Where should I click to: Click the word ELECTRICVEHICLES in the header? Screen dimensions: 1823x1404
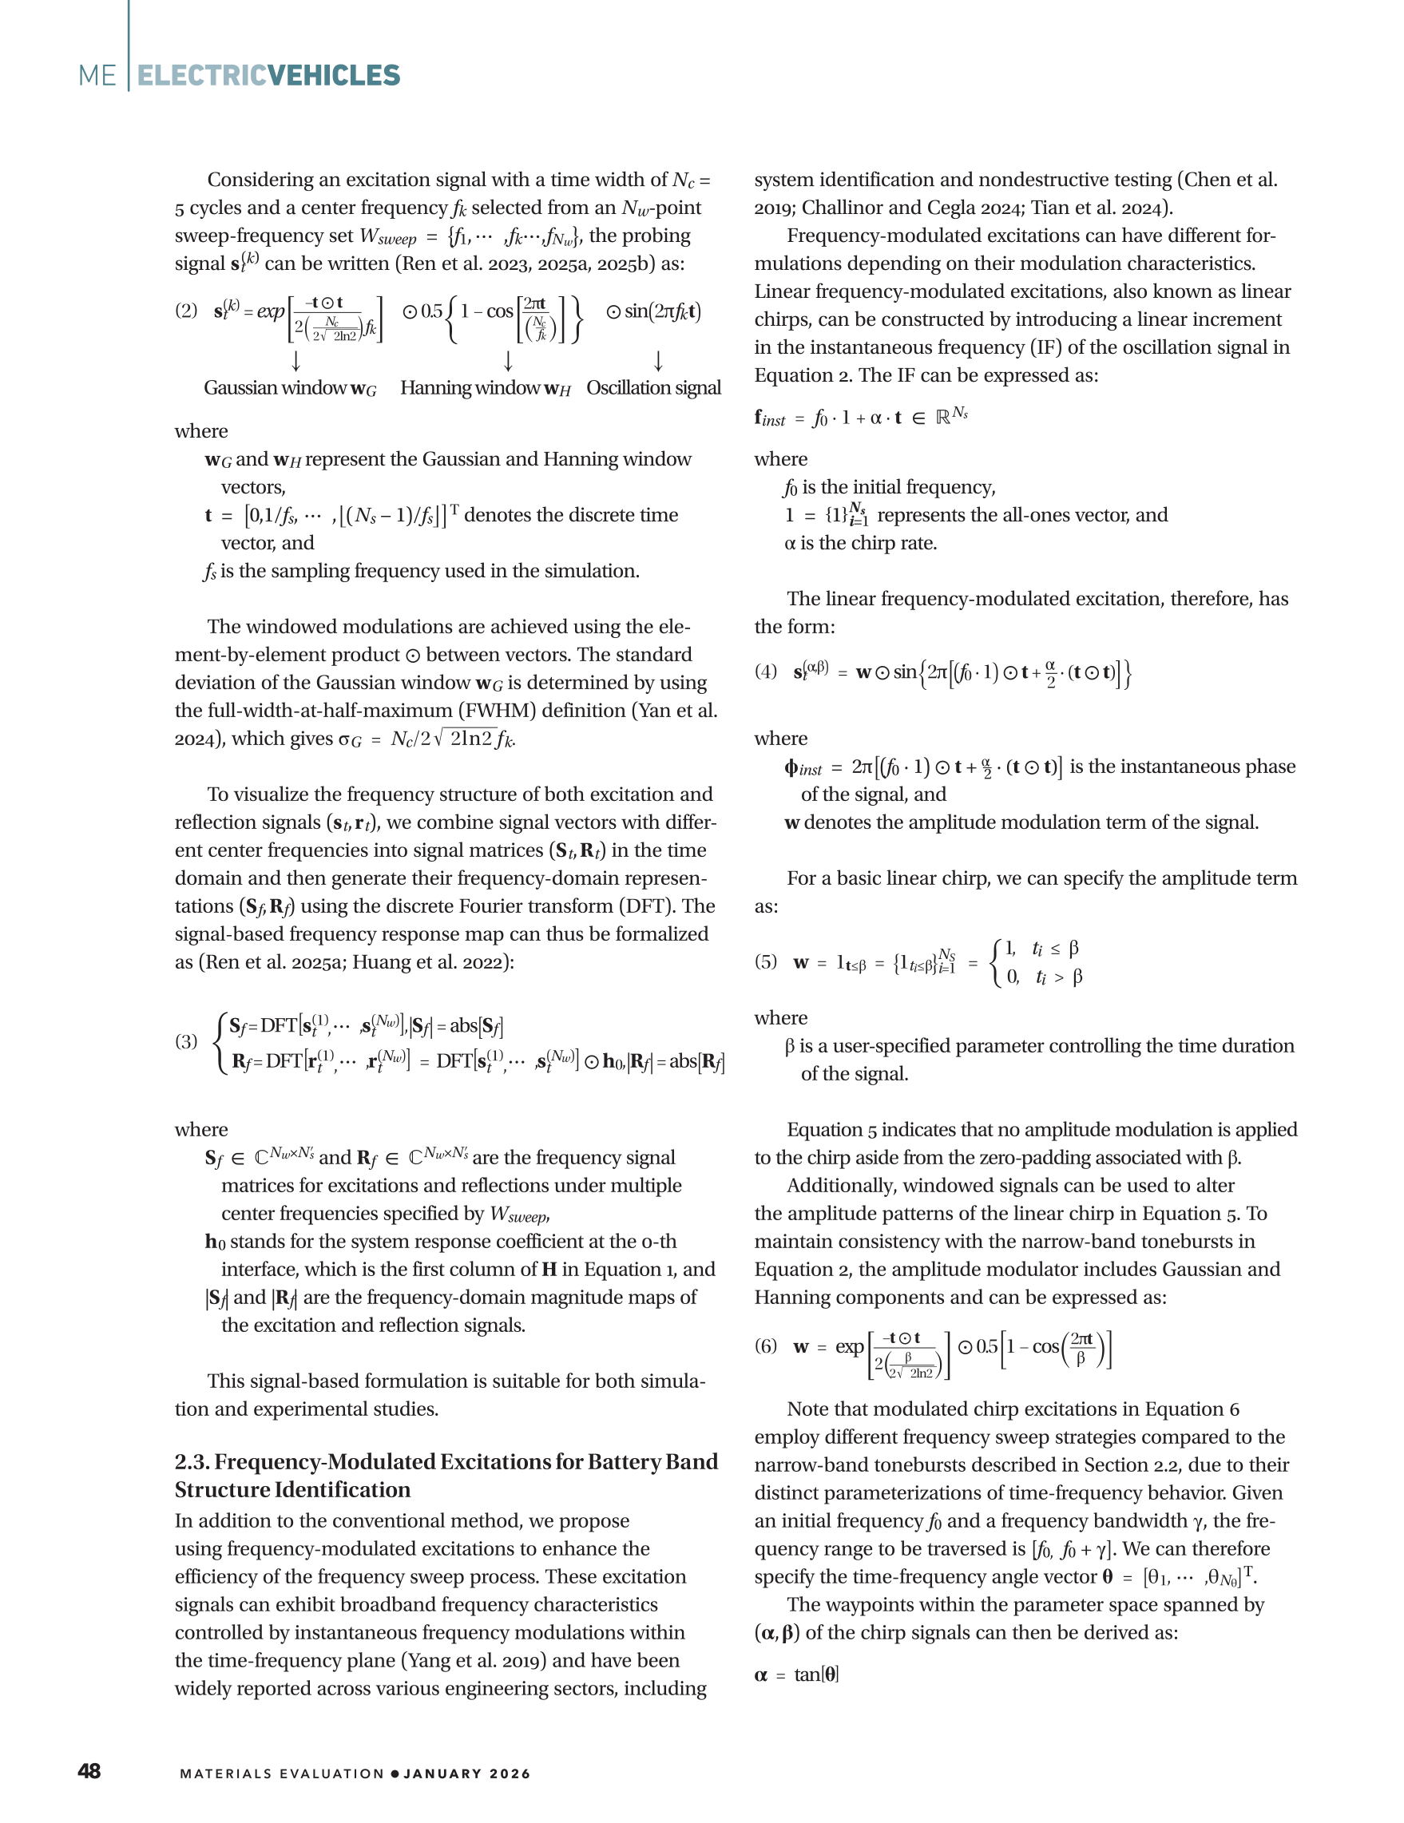coord(268,75)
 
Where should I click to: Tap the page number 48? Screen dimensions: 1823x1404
coord(89,1771)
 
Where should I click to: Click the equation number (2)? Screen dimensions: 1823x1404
coord(186,311)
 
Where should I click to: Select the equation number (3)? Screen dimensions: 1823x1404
coord(186,1041)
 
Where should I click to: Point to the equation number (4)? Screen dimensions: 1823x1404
coord(765,671)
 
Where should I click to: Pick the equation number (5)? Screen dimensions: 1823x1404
coord(765,961)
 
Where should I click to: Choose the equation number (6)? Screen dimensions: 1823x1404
coord(765,1345)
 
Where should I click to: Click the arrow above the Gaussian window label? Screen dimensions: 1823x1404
coord(295,362)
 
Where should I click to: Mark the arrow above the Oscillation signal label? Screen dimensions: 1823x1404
coord(658,362)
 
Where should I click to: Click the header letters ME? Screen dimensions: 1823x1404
coord(97,75)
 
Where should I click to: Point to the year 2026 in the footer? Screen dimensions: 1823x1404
coord(510,1773)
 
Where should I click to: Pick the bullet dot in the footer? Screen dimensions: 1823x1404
coord(395,1773)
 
